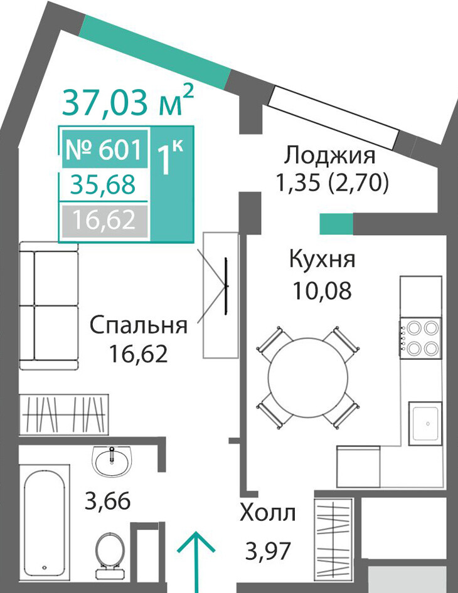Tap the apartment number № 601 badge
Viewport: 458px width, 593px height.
(x=105, y=149)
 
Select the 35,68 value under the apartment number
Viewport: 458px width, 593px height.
(x=103, y=185)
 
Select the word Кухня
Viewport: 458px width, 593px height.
(x=322, y=260)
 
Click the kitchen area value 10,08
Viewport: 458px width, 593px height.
(x=322, y=291)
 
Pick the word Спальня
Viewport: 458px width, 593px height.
(x=139, y=325)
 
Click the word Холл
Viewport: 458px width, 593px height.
(x=268, y=514)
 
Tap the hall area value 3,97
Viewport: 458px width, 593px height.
(x=268, y=551)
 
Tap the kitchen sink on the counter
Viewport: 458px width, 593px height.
(x=425, y=423)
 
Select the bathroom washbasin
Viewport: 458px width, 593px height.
(x=112, y=461)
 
